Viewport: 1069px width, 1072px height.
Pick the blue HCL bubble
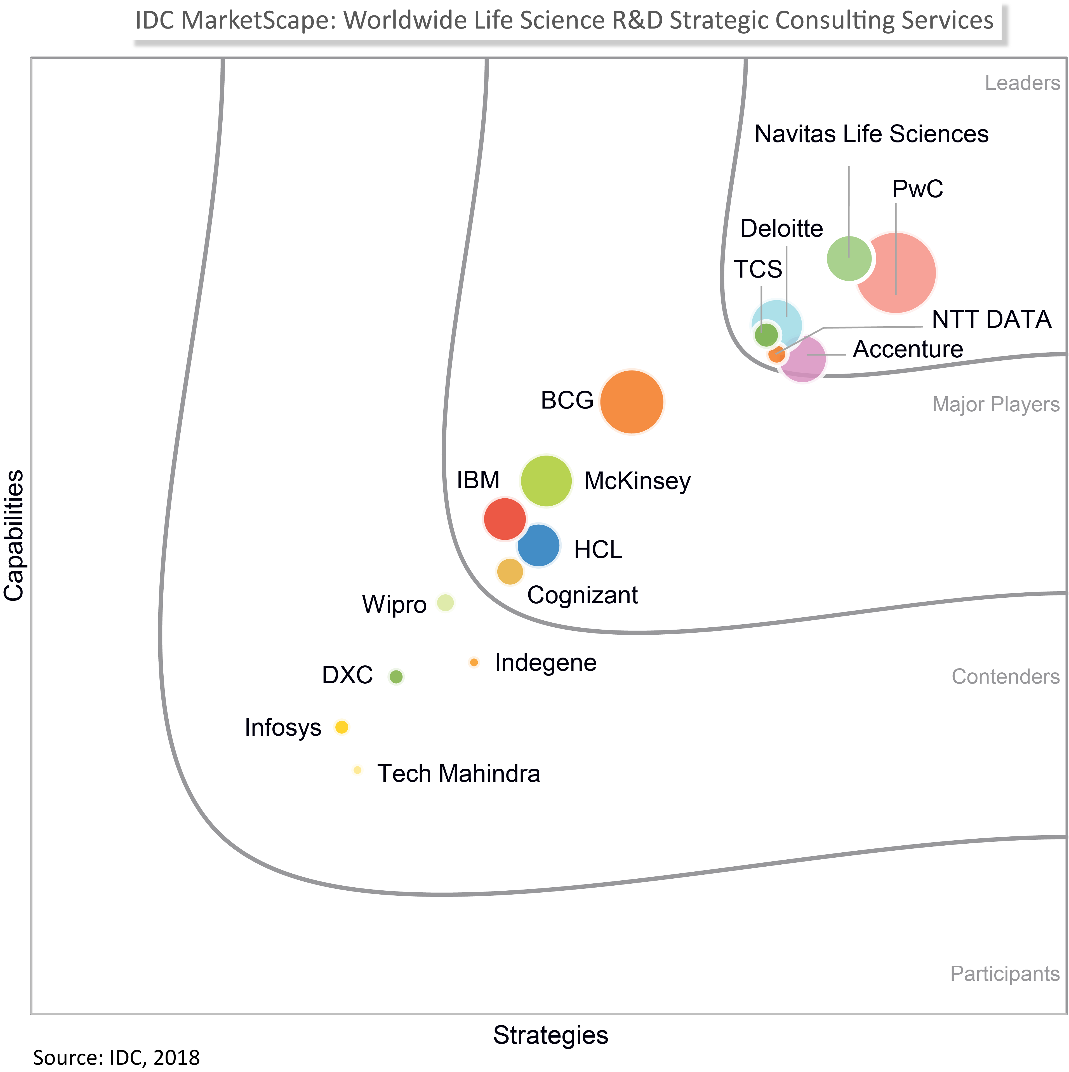click(x=538, y=545)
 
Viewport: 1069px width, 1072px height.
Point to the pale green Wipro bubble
click(x=446, y=602)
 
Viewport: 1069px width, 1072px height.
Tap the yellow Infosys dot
click(x=342, y=727)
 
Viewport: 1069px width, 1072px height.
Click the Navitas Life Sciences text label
click(x=871, y=134)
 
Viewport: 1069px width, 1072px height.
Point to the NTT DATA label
click(x=991, y=320)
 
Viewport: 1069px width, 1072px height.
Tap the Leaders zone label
click(x=1022, y=83)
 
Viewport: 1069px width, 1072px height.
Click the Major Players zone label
click(x=996, y=405)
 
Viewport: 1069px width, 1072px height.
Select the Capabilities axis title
click(x=15, y=536)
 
